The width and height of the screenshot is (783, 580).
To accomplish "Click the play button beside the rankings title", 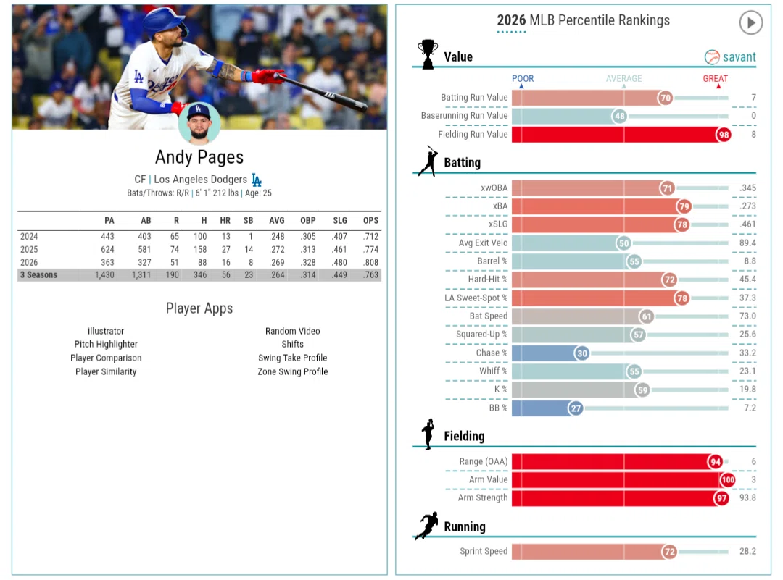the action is point(750,22).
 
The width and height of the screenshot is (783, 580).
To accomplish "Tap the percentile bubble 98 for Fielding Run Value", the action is point(724,135).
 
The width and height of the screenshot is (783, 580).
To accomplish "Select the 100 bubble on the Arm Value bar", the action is point(728,480).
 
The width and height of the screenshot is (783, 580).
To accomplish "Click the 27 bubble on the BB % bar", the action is point(576,408).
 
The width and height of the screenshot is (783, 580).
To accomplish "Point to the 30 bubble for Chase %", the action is point(581,353).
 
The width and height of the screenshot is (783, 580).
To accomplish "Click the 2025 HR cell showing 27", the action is point(225,249).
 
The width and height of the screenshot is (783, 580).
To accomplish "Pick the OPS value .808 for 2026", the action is point(370,262).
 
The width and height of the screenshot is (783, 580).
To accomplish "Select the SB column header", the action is point(248,220).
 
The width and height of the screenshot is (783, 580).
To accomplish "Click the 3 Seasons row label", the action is point(38,274).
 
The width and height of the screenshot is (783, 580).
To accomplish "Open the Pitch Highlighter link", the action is point(106,344).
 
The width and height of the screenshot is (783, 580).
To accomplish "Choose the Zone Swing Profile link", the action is point(293,371).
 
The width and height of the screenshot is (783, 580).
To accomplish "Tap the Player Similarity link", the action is point(106,371).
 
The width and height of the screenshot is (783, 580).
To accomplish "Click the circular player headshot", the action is point(199,122).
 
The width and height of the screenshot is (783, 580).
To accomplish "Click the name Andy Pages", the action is point(199,157).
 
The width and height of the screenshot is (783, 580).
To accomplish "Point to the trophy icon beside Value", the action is point(428,54).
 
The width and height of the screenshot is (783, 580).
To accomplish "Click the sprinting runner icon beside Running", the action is point(428,525).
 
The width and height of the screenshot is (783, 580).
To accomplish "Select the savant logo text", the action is point(739,57).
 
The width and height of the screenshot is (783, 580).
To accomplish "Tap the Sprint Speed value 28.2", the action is point(747,551).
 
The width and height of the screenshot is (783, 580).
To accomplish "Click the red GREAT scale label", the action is point(715,78).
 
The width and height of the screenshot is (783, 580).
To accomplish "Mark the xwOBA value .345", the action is point(747,188).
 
